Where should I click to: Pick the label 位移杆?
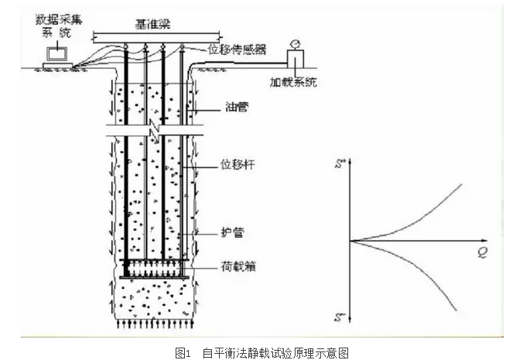[239, 164]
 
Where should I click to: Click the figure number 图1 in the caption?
[183, 352]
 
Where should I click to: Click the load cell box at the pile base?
[155, 267]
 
